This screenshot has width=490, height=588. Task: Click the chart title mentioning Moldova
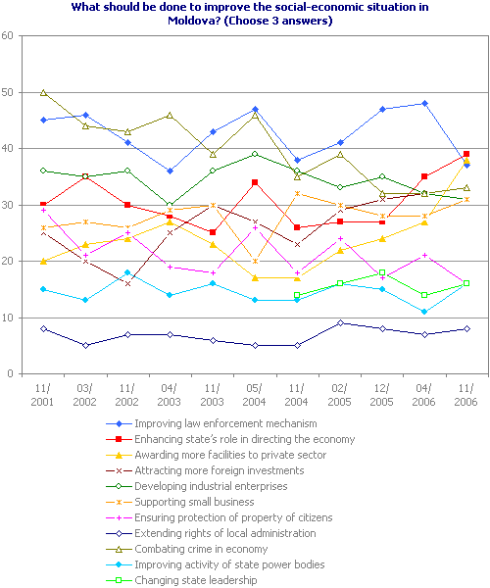click(x=244, y=13)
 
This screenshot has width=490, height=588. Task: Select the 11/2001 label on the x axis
click(x=43, y=395)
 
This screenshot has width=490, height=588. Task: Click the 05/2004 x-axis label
click(x=255, y=395)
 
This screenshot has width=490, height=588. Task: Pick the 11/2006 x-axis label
click(x=466, y=395)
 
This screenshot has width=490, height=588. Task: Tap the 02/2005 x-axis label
click(x=339, y=395)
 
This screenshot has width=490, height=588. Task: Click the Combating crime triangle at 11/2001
click(x=43, y=92)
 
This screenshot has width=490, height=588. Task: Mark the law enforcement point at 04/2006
click(x=424, y=103)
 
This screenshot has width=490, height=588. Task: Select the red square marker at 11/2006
click(x=466, y=154)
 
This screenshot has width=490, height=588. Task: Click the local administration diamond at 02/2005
click(x=339, y=323)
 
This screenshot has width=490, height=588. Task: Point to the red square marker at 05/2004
click(x=255, y=182)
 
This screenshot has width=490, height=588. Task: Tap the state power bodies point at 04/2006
click(x=424, y=312)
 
